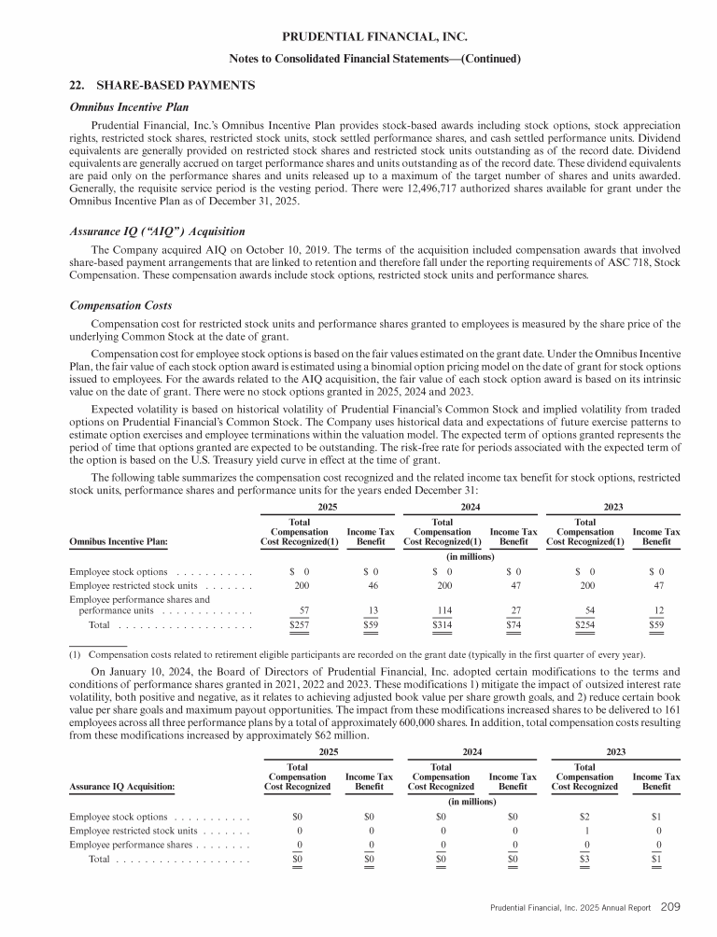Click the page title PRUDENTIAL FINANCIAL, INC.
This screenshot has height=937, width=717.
(x=358, y=36)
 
